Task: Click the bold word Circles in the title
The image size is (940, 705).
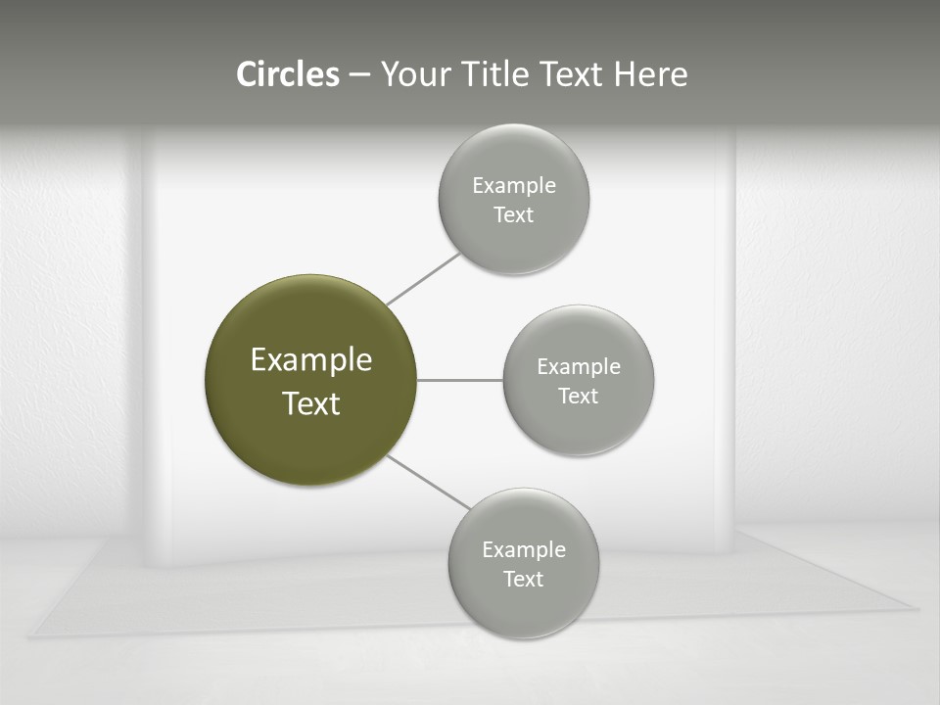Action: tap(288, 74)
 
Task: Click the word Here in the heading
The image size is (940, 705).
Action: tap(650, 74)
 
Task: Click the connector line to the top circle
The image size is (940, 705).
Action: tap(423, 278)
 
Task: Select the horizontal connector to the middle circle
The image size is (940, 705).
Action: tap(459, 379)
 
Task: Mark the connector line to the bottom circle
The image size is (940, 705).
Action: tap(427, 482)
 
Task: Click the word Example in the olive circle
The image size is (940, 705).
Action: tap(311, 360)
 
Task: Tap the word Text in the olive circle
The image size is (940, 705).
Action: tap(311, 403)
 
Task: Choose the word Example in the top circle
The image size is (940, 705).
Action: tap(514, 185)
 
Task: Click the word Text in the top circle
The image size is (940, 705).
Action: tap(513, 214)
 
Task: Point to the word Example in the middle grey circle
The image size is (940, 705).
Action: tap(579, 366)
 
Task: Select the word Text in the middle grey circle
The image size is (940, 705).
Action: tap(578, 396)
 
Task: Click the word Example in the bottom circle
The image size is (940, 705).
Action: tap(524, 549)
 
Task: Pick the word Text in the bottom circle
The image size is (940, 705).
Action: tap(523, 579)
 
